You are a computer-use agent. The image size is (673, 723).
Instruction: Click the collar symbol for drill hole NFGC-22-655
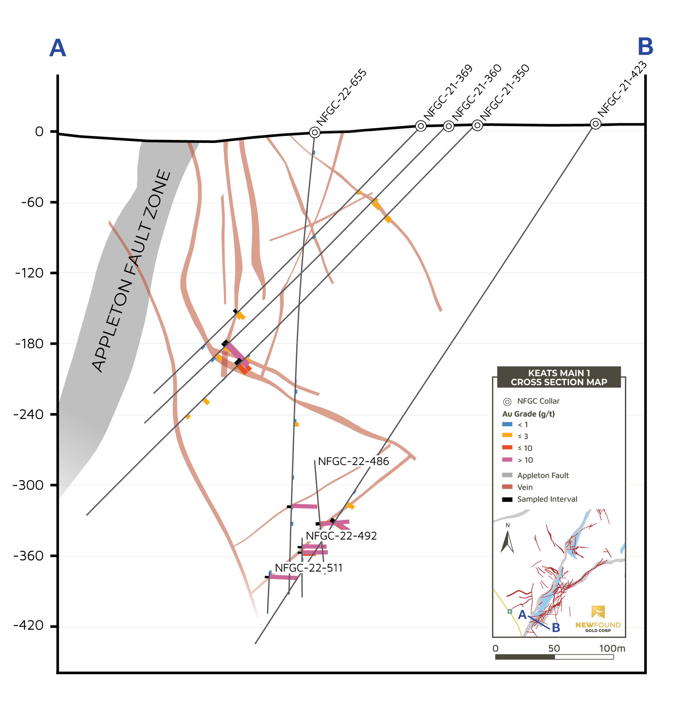315,132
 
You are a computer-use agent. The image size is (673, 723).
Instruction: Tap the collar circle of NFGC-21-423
595,124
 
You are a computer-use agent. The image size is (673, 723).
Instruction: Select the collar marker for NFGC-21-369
421,126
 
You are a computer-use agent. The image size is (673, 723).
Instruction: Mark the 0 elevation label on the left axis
39,132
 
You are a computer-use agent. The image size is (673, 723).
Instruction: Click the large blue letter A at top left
58,48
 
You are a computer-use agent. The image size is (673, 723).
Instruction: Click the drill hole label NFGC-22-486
353,462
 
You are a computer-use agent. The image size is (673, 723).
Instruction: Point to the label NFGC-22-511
309,568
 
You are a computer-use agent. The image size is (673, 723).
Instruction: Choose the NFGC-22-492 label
341,536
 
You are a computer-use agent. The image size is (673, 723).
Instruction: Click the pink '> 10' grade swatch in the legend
507,460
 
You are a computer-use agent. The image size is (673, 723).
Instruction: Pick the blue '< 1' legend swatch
507,424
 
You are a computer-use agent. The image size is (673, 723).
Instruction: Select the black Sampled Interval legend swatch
507,499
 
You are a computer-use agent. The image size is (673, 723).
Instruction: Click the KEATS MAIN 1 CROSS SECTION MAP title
559,377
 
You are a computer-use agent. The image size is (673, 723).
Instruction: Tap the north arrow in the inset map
507,542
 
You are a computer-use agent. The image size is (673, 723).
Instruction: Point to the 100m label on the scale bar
612,648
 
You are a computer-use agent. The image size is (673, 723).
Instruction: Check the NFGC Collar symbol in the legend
507,402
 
